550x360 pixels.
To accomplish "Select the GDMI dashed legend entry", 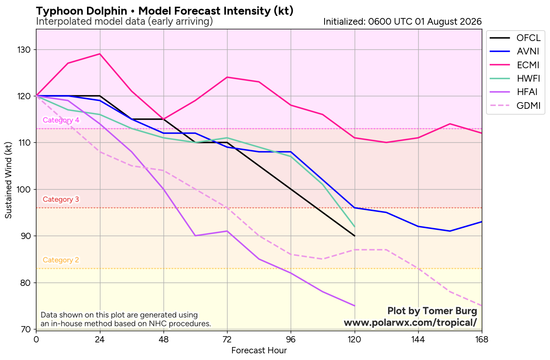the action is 514,105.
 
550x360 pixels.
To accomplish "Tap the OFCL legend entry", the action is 514,38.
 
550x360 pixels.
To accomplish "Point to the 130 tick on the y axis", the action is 23,50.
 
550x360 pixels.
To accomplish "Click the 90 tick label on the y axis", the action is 26,236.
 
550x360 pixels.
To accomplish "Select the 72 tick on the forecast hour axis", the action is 227,339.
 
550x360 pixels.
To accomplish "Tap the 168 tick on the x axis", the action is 482,339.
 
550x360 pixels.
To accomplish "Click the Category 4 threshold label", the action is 61,120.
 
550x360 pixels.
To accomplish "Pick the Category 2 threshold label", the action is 61,260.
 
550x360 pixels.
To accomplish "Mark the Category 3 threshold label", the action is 61,199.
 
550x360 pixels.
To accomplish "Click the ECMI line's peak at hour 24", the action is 100,54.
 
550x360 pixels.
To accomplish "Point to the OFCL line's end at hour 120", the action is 355,236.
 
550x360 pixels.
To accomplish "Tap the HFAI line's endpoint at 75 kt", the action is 355,306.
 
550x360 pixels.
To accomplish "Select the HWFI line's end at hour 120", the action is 355,226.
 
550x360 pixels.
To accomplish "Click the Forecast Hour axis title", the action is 259,350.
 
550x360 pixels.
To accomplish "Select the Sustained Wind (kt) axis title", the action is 8,180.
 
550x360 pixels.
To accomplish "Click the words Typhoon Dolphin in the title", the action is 82,11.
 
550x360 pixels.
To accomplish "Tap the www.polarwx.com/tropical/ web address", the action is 410,322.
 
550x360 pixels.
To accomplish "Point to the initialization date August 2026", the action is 455,22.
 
